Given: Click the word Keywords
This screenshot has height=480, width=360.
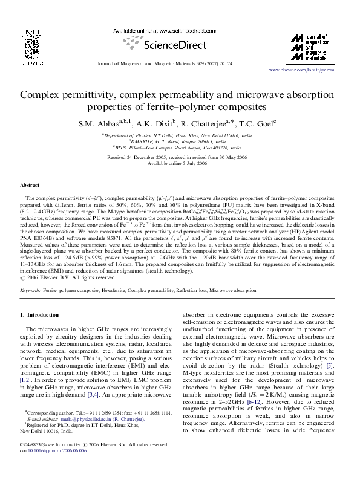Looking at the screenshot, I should (x=30, y=291).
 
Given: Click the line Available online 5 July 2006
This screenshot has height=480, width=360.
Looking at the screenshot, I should (x=180, y=163).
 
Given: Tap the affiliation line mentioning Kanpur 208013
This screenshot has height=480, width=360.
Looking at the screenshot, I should (x=180, y=141).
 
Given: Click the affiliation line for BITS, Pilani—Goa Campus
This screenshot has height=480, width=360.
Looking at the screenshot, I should (x=180, y=147).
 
